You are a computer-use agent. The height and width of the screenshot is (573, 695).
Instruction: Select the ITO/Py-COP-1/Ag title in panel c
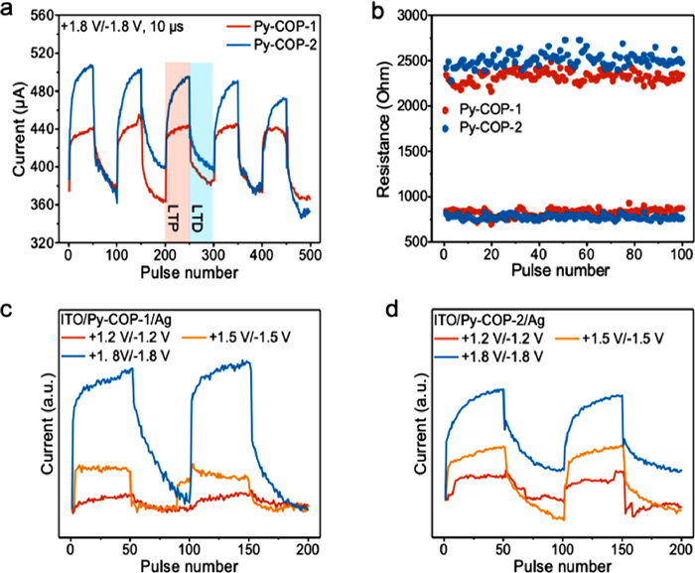point(109,321)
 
